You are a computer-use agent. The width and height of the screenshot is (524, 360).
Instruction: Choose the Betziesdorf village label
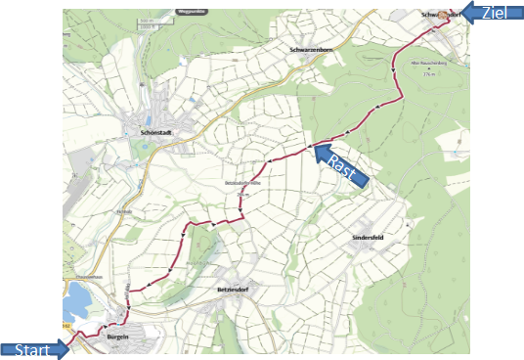(233, 292)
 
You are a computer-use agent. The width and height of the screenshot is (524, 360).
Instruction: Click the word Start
(28, 348)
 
